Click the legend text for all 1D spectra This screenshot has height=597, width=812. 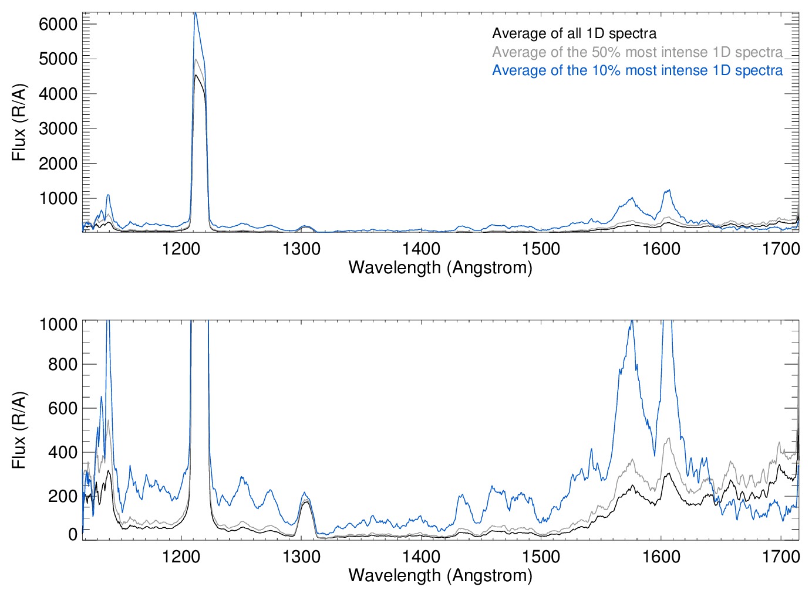coord(574,33)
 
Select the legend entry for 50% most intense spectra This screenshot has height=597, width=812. coord(637,52)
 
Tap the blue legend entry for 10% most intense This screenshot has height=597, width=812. coord(637,70)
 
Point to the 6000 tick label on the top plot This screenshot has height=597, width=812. coord(58,24)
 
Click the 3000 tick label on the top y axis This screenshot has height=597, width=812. coord(58,128)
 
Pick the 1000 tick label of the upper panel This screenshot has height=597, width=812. coord(58,198)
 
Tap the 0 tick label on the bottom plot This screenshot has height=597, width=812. coord(73,534)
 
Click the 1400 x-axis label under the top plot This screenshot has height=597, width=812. coord(421,249)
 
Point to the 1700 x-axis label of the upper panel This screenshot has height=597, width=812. coord(781,249)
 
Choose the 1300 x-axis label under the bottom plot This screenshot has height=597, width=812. coord(301,556)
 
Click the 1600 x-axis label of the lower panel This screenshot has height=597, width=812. coord(661,556)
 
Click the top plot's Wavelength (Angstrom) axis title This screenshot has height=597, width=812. coord(440,267)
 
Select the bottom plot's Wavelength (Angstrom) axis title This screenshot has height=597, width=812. coord(440,575)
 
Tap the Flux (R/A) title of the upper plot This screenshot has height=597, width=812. coord(19,123)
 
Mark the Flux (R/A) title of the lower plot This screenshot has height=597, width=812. coord(19,430)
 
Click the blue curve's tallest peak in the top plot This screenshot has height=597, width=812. coord(196,13)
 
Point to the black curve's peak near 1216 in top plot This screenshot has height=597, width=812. coord(196,75)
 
